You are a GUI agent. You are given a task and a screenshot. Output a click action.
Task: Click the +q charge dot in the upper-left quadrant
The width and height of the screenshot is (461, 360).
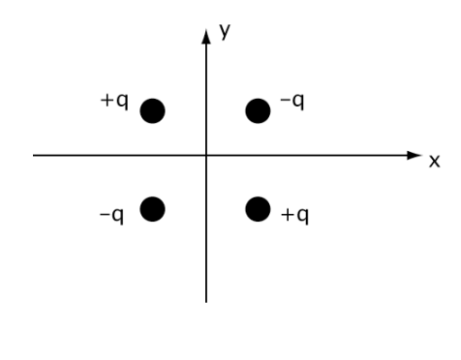coord(153,111)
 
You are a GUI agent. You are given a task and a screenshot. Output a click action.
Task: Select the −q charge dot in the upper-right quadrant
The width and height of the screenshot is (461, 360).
coord(258,111)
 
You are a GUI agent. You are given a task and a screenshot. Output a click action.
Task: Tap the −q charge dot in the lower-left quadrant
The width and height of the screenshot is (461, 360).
coord(153,208)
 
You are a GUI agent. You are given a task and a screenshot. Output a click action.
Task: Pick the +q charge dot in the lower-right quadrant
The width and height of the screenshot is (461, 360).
coord(258,208)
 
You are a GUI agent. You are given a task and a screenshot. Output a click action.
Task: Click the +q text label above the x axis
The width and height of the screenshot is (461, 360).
coord(114,103)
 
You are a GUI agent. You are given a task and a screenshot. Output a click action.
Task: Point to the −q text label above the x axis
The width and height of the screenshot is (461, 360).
coord(292,103)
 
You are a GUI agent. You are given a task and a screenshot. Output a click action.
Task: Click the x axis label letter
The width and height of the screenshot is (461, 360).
coord(435,160)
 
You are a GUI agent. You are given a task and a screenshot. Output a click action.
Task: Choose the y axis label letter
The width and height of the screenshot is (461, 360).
coord(226,32)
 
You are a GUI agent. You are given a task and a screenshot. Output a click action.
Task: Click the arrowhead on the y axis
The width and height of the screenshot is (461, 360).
coord(206,40)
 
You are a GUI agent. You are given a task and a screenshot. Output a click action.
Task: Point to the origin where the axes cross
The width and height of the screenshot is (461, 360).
coord(206,155)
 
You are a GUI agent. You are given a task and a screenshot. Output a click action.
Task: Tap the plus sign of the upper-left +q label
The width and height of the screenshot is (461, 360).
coord(108,102)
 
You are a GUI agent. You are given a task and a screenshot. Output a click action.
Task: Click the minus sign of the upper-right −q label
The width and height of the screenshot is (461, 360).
coord(285,102)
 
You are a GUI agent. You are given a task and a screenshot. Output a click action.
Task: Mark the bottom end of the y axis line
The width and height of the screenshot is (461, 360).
coord(206,301)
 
